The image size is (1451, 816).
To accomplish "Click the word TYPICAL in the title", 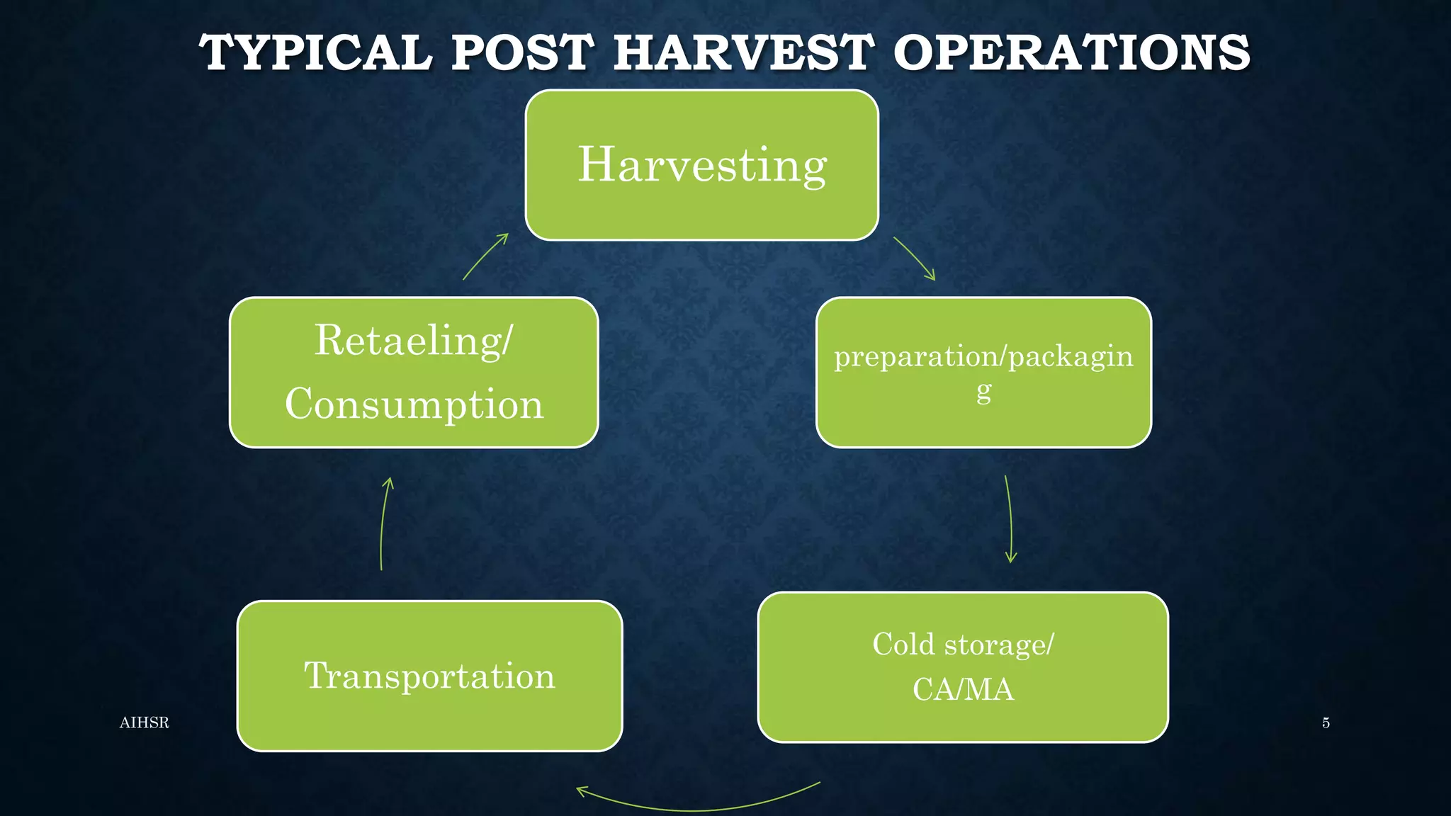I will click(315, 53).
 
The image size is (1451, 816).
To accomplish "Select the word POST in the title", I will click(522, 53).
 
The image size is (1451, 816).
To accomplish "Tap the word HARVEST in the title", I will click(743, 53).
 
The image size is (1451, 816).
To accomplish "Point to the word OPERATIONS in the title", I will click(1071, 53).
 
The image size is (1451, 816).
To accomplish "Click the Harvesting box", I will click(701, 165).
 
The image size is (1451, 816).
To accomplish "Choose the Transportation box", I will click(429, 676).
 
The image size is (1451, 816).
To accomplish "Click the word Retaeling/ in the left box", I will click(413, 341).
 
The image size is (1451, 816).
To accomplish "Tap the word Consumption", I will click(414, 404).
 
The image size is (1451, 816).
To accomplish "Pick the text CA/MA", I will click(963, 690).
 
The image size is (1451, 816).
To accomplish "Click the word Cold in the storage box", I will click(903, 645).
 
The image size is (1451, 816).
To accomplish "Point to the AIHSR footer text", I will click(145, 722).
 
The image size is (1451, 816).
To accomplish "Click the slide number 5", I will click(1326, 722).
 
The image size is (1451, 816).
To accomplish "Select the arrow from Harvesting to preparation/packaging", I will click(915, 259).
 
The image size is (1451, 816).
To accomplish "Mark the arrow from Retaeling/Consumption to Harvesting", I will click(485, 256).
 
